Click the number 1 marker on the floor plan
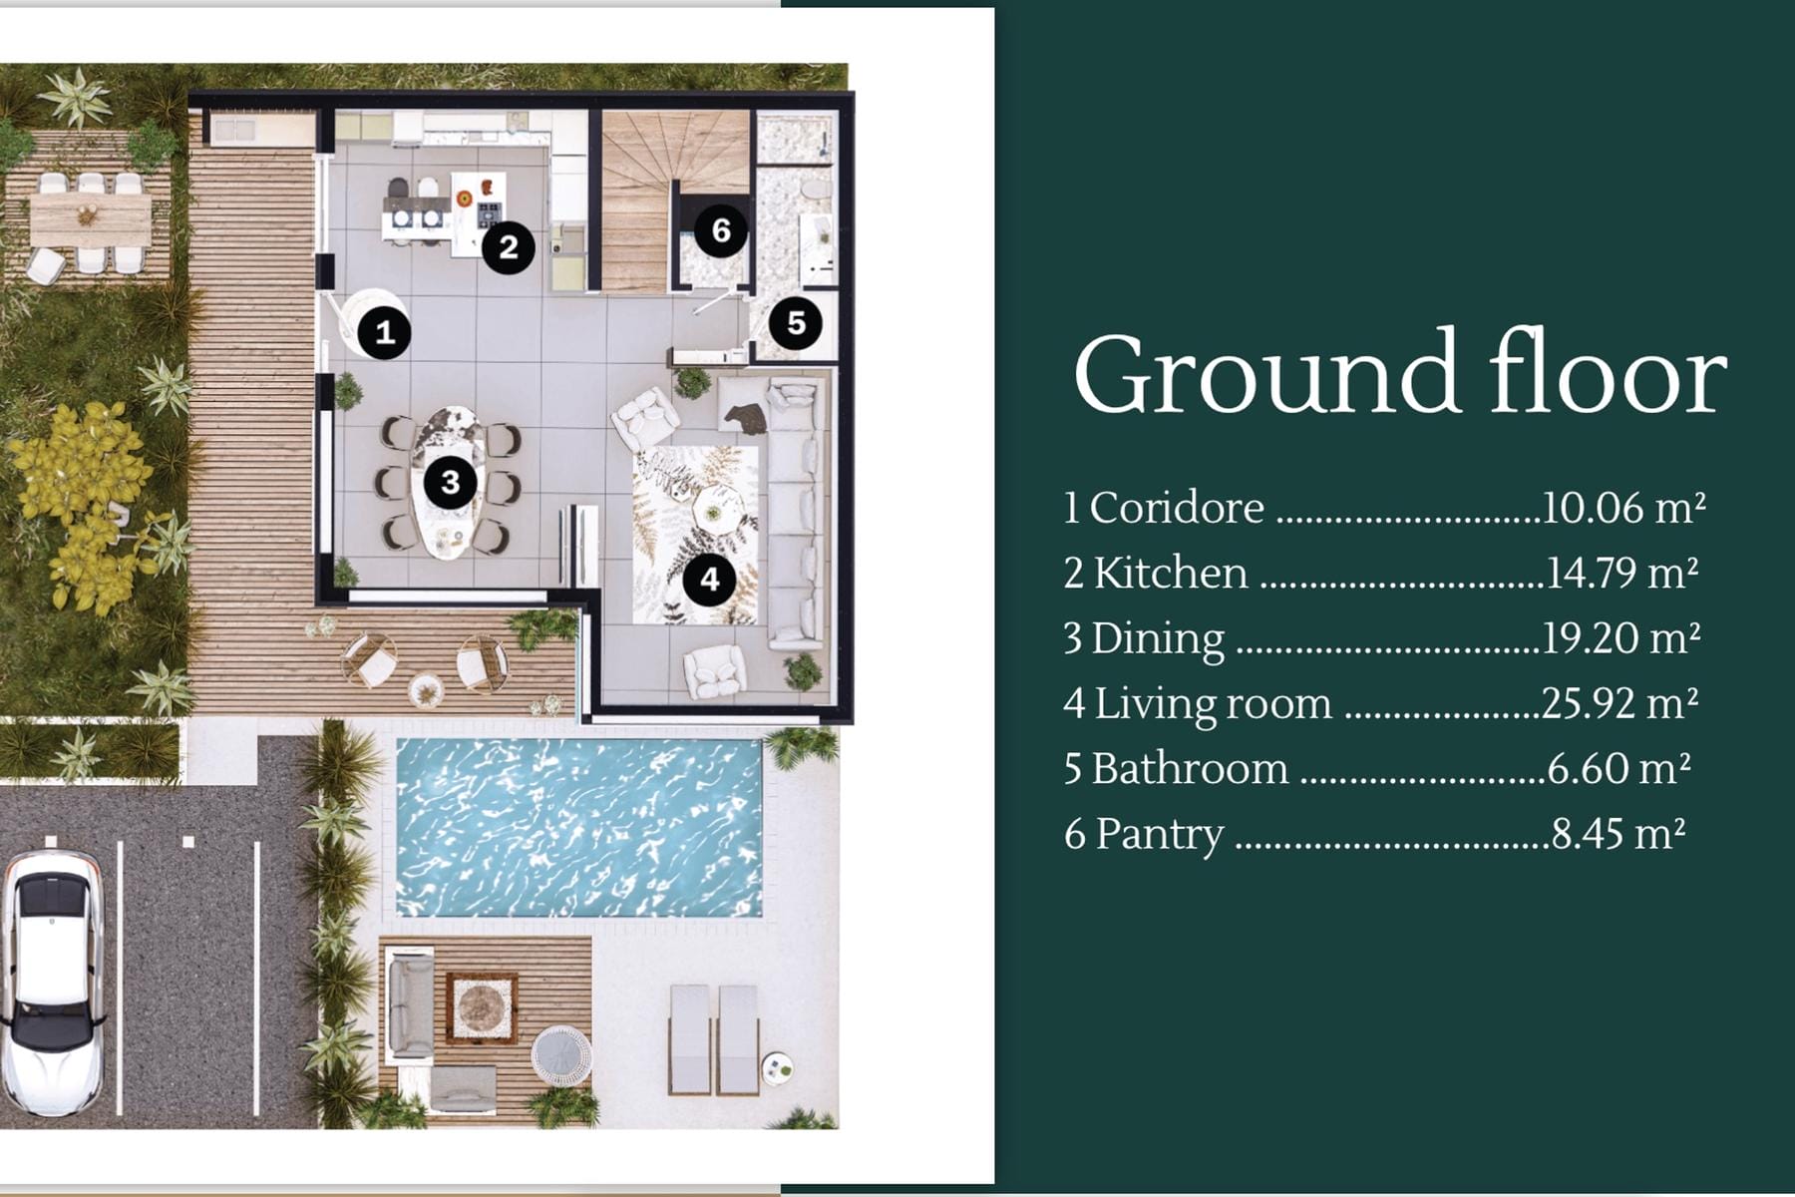pyautogui.click(x=384, y=332)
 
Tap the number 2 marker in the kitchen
pyautogui.click(x=508, y=246)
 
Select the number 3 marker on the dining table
pyautogui.click(x=450, y=482)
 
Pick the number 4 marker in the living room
pyautogui.click(x=709, y=579)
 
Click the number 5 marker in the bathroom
pyautogui.click(x=796, y=322)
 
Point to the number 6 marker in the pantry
pyautogui.click(x=720, y=230)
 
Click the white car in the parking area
pyautogui.click(x=52, y=983)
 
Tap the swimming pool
pyautogui.click(x=579, y=827)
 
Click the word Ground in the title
pyautogui.click(x=1266, y=373)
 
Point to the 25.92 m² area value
pyautogui.click(x=1620, y=703)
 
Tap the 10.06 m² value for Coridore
pyautogui.click(x=1623, y=508)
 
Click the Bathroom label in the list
pyautogui.click(x=1190, y=769)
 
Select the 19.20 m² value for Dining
pyautogui.click(x=1621, y=638)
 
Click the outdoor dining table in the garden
pyautogui.click(x=91, y=219)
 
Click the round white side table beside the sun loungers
pyautogui.click(x=778, y=1068)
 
